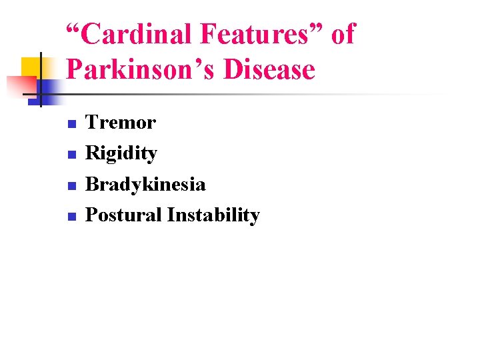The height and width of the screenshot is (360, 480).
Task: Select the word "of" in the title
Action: point(343,35)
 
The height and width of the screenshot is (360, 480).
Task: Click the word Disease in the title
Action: point(269,69)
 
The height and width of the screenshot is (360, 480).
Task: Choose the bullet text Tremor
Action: point(121,123)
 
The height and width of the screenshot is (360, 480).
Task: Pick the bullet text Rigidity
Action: point(121,153)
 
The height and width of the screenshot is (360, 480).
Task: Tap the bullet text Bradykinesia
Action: point(146,184)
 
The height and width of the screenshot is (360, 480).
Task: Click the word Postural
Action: point(124,215)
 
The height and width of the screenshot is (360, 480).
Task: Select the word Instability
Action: point(213,215)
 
